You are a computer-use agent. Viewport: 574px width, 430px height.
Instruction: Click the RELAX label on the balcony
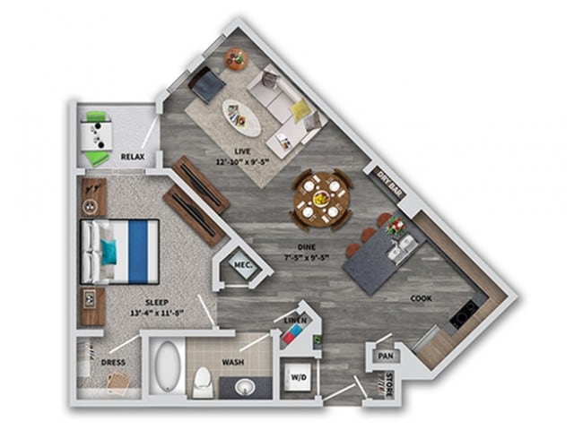pyautogui.click(x=134, y=157)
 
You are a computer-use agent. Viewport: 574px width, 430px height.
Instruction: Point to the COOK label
pyautogui.click(x=422, y=298)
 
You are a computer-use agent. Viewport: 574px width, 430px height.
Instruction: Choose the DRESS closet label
pyautogui.click(x=114, y=363)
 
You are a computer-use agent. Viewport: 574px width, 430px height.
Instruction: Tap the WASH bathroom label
pyautogui.click(x=235, y=364)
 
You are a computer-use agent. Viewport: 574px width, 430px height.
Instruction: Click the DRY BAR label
pyautogui.click(x=387, y=180)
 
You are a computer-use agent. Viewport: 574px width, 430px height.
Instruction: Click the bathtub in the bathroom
pyautogui.click(x=168, y=367)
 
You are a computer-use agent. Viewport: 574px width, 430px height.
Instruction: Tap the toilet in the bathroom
pyautogui.click(x=204, y=381)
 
